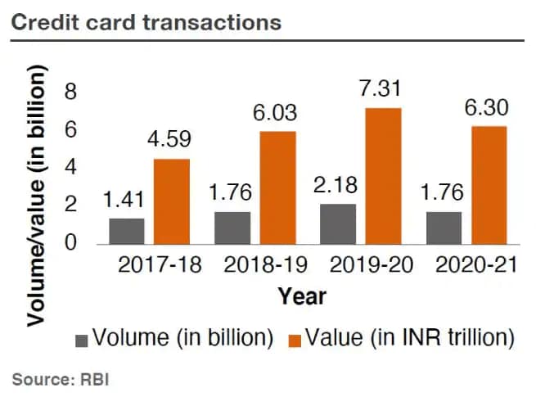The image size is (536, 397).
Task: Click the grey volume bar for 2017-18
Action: tap(126, 230)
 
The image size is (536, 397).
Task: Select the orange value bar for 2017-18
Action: tap(172, 201)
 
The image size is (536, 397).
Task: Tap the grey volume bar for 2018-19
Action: tap(232, 227)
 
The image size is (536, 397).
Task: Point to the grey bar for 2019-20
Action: tap(338, 223)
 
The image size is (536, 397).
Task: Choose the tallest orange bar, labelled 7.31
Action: tap(384, 175)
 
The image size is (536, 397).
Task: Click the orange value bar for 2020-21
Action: tap(489, 184)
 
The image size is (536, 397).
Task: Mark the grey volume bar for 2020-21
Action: tap(444, 227)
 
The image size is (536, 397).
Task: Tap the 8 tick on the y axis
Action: tap(70, 92)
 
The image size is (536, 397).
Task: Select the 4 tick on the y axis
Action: tap(70, 167)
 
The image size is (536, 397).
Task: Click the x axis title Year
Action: tap(302, 295)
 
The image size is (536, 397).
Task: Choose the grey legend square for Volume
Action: tap(81, 339)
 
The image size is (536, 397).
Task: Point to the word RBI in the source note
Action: tap(93, 380)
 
